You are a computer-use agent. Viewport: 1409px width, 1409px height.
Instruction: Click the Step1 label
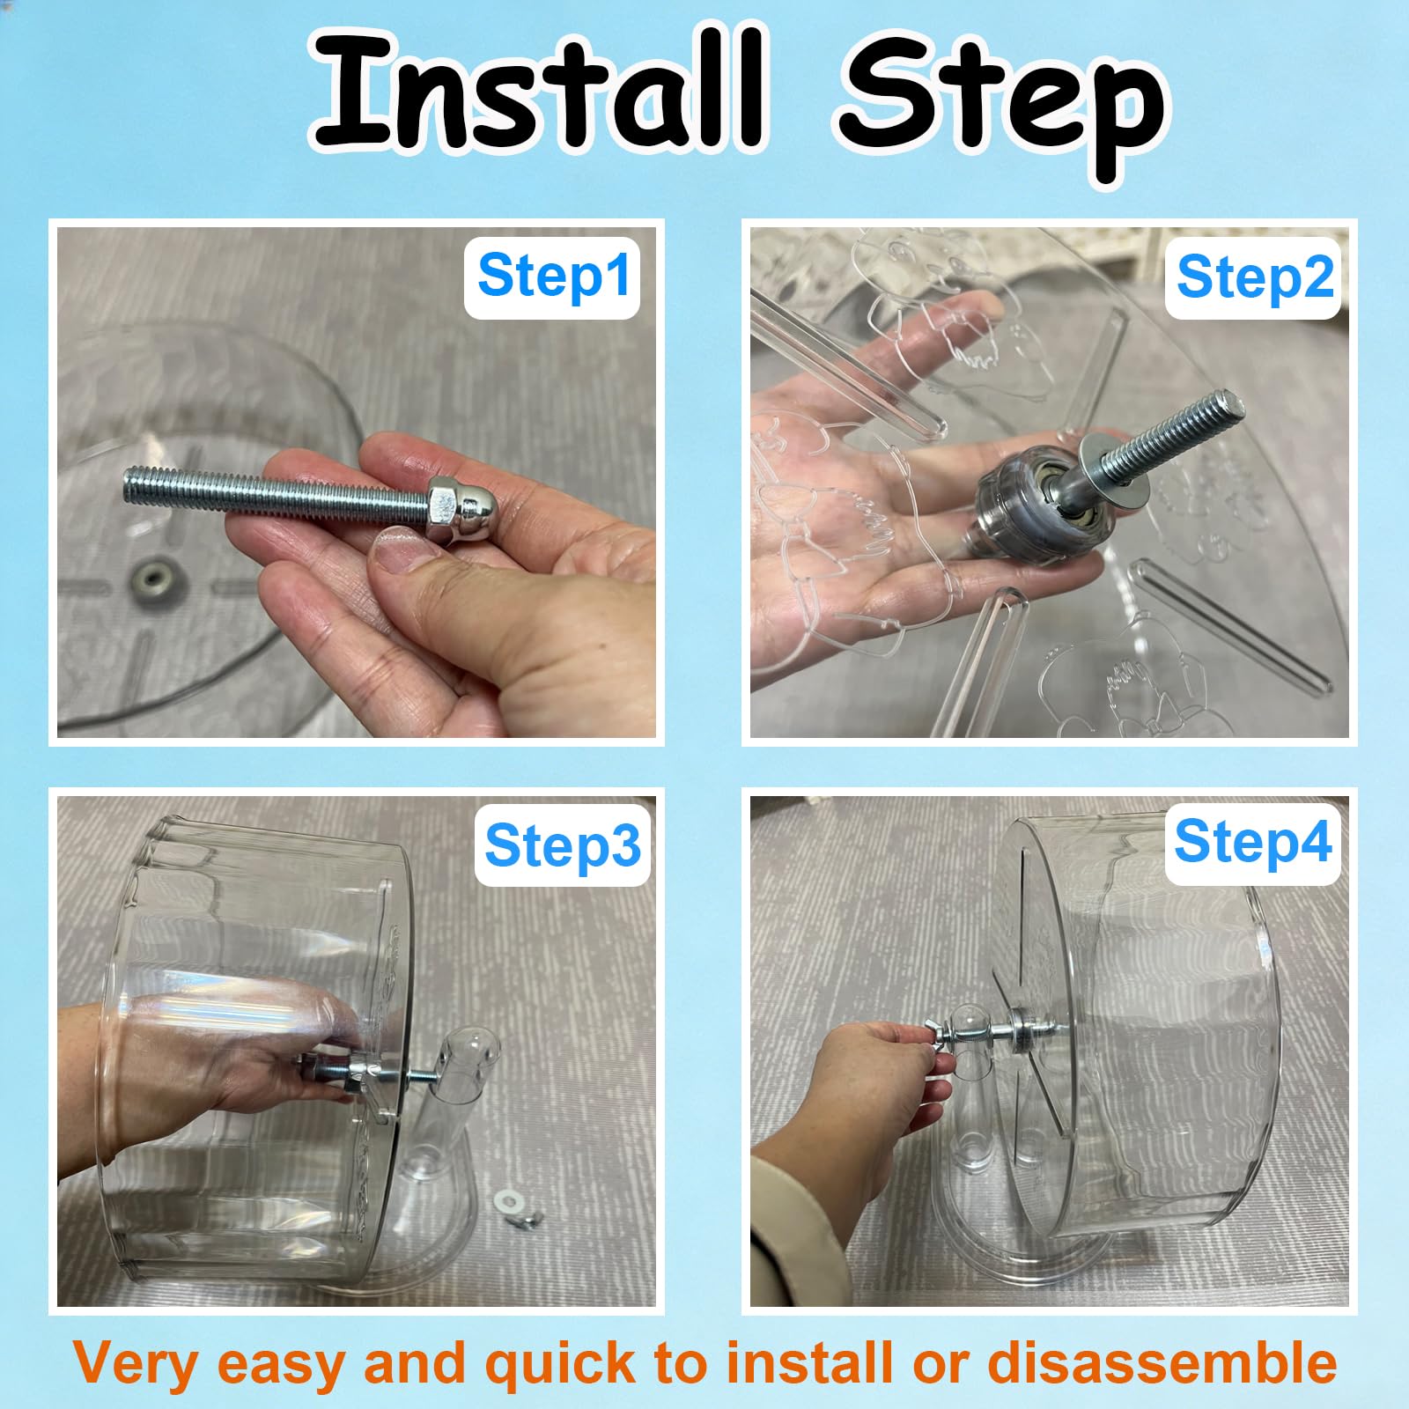[553, 277]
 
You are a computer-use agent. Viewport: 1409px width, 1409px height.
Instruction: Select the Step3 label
[562, 845]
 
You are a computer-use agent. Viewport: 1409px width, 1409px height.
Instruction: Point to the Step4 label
[1252, 841]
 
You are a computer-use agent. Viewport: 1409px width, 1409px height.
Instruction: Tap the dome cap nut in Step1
[455, 511]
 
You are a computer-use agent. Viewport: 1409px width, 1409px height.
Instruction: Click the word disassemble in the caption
[1162, 1363]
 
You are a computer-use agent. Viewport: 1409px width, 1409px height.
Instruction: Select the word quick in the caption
[561, 1363]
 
